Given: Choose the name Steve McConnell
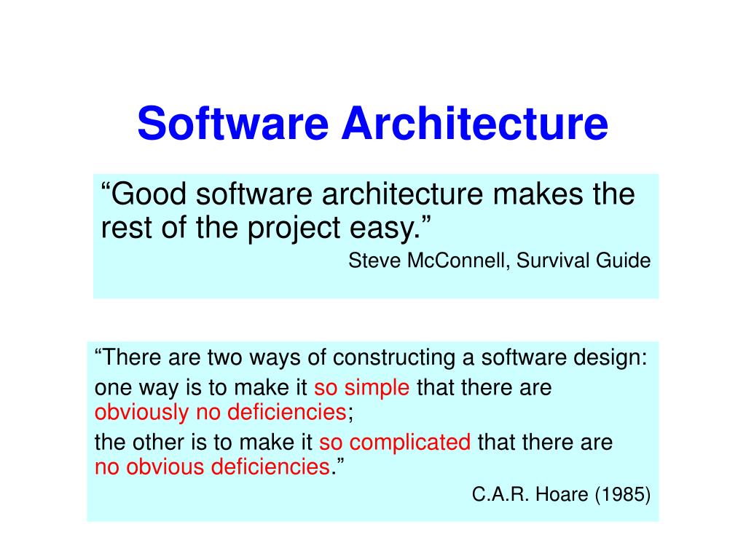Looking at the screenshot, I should tap(428, 261).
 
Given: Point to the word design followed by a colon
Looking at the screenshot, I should tap(613, 358).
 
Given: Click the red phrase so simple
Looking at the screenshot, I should tap(362, 388).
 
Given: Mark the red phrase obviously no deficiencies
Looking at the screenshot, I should tap(221, 413).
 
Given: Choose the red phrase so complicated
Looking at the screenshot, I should tap(396, 442).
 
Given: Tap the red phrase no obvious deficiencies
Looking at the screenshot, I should tap(213, 467).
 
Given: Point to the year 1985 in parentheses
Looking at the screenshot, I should tap(623, 495).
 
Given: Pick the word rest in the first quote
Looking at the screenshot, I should tap(121, 229).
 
